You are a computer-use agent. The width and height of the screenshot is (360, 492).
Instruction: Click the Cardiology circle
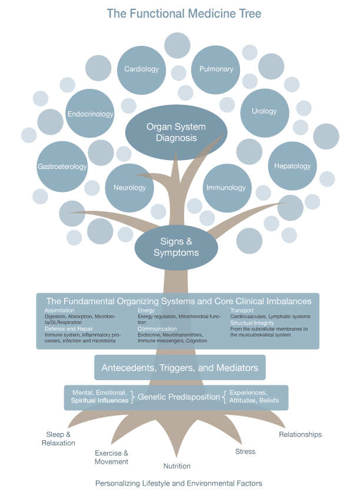142,69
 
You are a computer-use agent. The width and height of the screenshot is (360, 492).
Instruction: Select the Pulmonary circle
216,69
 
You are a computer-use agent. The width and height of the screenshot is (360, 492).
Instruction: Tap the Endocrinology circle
90,114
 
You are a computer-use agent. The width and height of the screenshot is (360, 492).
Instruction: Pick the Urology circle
264,112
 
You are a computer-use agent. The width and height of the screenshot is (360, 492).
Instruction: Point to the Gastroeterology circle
62,167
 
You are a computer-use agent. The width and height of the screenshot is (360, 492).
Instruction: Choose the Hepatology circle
292,166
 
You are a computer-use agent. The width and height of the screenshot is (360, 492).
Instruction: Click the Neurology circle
129,188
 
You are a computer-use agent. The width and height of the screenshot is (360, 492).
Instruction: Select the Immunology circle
226,188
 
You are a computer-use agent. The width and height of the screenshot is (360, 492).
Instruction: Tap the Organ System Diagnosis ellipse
176,132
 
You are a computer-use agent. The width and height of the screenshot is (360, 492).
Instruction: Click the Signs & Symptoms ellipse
176,247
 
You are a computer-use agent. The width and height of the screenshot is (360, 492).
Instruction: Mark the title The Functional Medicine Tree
176,13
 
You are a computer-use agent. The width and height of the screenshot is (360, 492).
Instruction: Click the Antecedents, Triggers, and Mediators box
180,368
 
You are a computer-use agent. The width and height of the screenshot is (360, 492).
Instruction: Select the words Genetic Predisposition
179,397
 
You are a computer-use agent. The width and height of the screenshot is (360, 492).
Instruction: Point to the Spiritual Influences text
99,401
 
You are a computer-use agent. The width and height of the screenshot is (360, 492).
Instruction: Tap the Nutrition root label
177,466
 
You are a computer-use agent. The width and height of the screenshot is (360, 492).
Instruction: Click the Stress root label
245,452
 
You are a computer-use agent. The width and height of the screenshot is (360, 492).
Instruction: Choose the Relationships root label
300,434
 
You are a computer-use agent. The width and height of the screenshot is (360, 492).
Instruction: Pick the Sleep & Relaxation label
58,438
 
